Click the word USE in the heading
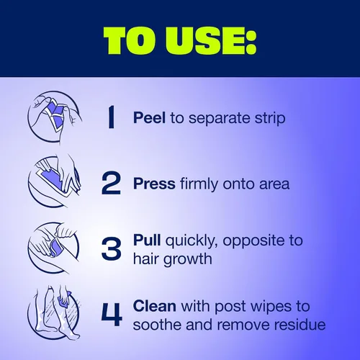pyautogui.click(x=208, y=41)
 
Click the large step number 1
pyautogui.click(x=111, y=118)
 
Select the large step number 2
pyautogui.click(x=111, y=183)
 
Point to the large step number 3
pyautogui.click(x=111, y=248)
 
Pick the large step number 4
pyautogui.click(x=112, y=315)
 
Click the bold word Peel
pyautogui.click(x=149, y=118)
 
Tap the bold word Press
pyautogui.click(x=154, y=184)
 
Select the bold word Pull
pyautogui.click(x=147, y=240)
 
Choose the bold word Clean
pyautogui.click(x=155, y=306)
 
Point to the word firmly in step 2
pyautogui.click(x=199, y=185)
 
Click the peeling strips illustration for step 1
pyautogui.click(x=55, y=117)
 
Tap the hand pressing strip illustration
pyautogui.click(x=55, y=181)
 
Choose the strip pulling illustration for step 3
pyautogui.click(x=53, y=248)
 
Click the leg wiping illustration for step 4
pyautogui.click(x=54, y=312)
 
